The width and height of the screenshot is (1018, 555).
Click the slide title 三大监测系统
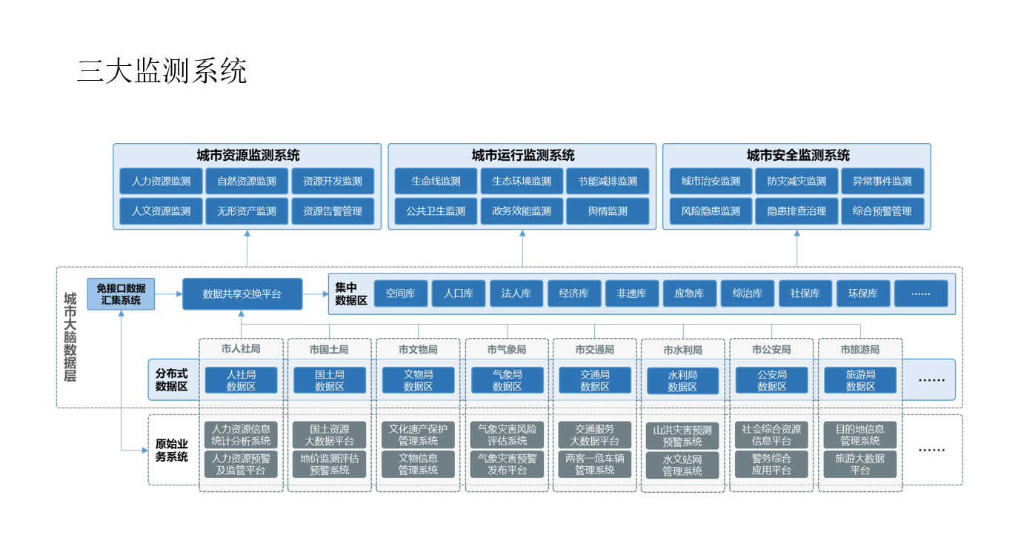pos(162,71)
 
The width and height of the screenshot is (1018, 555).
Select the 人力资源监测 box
pos(161,182)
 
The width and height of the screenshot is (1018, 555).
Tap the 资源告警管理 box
pos(333,211)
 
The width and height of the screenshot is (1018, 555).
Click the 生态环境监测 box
pos(522,182)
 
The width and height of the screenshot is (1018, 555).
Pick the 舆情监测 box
pos(608,211)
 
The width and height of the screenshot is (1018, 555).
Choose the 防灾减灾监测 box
pos(796,182)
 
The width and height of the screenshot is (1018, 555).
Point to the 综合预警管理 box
pos(882,211)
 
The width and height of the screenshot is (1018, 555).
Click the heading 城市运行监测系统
pos(522,156)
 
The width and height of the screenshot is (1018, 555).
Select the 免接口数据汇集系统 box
pos(121,294)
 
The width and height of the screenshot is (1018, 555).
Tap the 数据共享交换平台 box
pos(242,294)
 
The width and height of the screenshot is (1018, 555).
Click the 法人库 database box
pos(516,293)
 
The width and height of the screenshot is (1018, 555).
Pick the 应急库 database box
pos(690,293)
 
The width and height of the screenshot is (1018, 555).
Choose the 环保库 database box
pos(863,293)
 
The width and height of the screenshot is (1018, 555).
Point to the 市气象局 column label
pos(507,350)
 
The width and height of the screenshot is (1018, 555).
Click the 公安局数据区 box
pos(772,380)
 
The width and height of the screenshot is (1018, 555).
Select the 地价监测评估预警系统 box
pos(330,464)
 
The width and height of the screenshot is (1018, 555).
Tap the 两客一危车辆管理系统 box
pos(595,464)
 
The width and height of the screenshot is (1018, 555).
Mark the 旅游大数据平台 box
pos(860,464)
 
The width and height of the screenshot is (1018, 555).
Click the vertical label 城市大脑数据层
pos(70,337)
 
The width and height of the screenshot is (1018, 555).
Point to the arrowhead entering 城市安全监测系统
pos(796,233)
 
